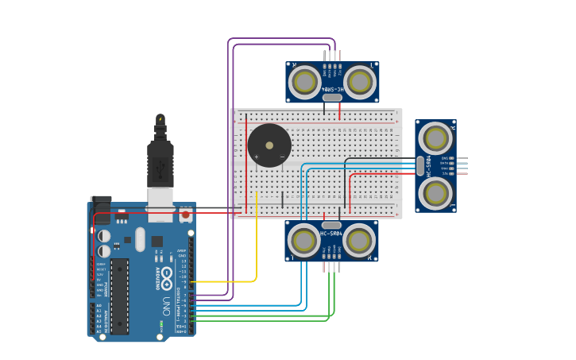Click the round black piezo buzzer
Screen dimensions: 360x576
pos(269,145)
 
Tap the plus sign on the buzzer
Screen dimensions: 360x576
pos(256,157)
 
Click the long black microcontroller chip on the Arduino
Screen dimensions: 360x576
pos(119,295)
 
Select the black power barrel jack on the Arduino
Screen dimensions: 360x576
pos(100,207)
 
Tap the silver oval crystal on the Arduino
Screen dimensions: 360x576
pos(141,238)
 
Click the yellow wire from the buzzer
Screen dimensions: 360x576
pos(256,238)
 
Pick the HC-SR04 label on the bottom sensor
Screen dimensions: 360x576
pos(331,234)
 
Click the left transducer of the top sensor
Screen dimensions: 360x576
pos(304,82)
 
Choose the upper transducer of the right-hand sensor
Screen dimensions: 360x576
pos(435,138)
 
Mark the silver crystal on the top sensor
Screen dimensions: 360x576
pos(332,98)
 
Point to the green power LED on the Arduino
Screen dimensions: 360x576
pos(161,323)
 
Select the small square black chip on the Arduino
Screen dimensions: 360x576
pos(157,242)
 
